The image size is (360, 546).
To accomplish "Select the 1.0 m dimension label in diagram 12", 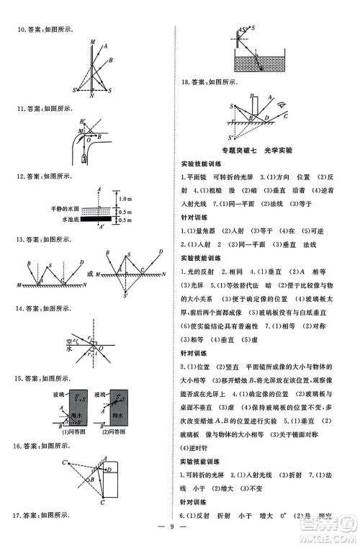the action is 124,198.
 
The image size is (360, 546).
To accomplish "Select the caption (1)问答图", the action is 72,432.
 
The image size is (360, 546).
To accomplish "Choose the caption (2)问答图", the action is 113,432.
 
